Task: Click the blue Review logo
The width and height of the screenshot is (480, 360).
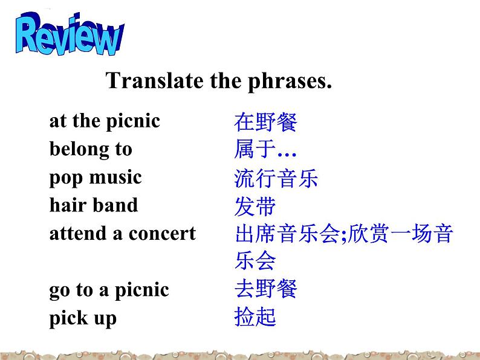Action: [x=70, y=34]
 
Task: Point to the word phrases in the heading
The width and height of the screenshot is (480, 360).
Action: [x=290, y=82]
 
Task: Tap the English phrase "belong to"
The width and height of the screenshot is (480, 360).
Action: [x=91, y=150]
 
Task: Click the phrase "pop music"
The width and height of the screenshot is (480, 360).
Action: [x=96, y=178]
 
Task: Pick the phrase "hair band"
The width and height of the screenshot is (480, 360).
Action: [x=94, y=205]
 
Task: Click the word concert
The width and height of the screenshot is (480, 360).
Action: [x=162, y=234]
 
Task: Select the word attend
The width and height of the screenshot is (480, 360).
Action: [x=78, y=233]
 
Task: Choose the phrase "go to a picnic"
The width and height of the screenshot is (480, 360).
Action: [x=109, y=291]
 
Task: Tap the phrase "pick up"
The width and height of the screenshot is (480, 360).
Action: [x=83, y=318]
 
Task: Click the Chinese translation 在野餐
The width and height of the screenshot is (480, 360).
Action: [x=266, y=122]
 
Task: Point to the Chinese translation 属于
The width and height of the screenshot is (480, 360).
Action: [x=255, y=149]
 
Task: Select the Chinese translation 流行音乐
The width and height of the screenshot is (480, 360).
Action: [x=276, y=178]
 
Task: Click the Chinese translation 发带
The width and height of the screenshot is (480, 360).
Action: [x=255, y=206]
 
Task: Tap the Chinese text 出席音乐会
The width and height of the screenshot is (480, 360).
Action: [x=287, y=233]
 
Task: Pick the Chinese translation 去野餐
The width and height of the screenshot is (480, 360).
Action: [x=266, y=289]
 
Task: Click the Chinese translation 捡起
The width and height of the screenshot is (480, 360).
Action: [x=255, y=317]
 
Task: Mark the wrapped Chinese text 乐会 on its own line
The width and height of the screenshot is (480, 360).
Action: [x=255, y=260]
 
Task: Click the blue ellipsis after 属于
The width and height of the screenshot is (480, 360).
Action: [x=287, y=155]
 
